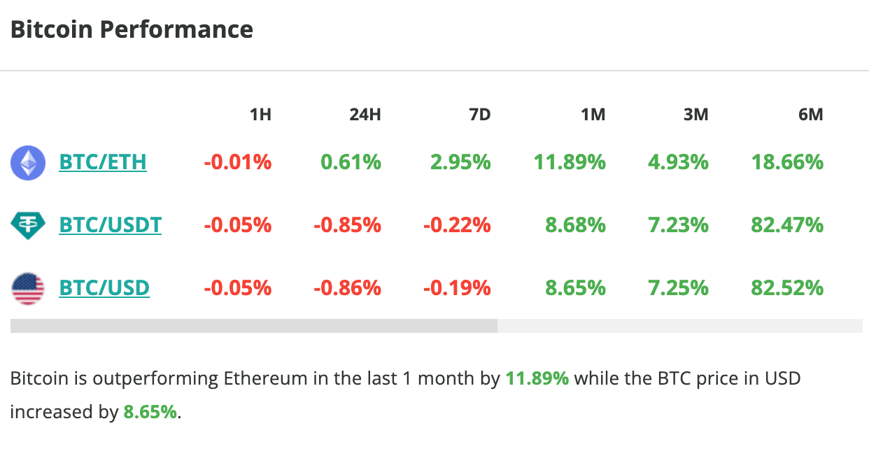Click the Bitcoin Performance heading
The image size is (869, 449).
[x=132, y=30]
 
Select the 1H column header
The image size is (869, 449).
[x=260, y=115]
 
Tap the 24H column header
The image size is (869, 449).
[x=365, y=115]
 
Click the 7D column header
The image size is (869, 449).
[x=479, y=115]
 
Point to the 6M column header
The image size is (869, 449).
[x=810, y=115]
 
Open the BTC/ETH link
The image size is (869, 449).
[x=103, y=162]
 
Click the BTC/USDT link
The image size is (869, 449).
[x=110, y=225]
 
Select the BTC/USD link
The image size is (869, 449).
[x=104, y=288]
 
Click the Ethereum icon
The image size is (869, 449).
[x=28, y=163]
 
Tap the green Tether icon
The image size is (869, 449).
[x=28, y=225]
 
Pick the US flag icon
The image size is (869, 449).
[x=28, y=288]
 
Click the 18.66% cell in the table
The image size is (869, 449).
[x=787, y=162]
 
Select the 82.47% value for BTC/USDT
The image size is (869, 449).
[x=787, y=225]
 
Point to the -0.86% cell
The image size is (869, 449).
[x=348, y=288]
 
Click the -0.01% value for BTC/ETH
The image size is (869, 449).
[x=238, y=162]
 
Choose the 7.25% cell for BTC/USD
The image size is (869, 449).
[x=677, y=288]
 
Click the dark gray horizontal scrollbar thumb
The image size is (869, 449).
[x=253, y=326]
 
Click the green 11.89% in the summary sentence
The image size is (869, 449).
[x=537, y=379]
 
